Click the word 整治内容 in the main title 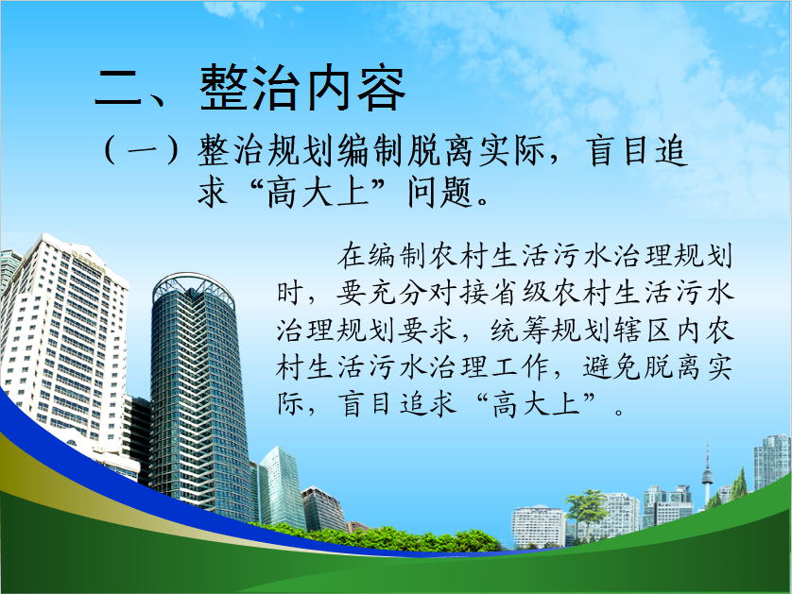pos(302,88)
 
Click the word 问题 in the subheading pos(439,192)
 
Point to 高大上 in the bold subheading pos(318,192)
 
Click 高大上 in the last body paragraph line pos(537,404)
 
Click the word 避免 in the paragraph pos(612,367)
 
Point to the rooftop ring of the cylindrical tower pos(194,288)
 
